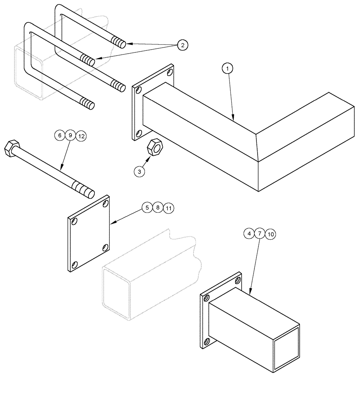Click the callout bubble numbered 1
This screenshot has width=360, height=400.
[227, 69]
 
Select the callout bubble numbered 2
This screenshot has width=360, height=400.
[182, 45]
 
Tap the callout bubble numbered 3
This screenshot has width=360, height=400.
[139, 172]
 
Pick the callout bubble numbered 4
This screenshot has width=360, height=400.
[249, 233]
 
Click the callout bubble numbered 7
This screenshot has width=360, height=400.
[259, 233]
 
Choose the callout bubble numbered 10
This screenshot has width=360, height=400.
[270, 234]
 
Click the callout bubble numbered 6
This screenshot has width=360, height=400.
[60, 136]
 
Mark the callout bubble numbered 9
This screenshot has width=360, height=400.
[70, 136]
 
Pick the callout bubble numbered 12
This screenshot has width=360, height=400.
[81, 136]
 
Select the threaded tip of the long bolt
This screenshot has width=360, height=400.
[84, 190]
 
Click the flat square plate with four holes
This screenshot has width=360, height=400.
[89, 234]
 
